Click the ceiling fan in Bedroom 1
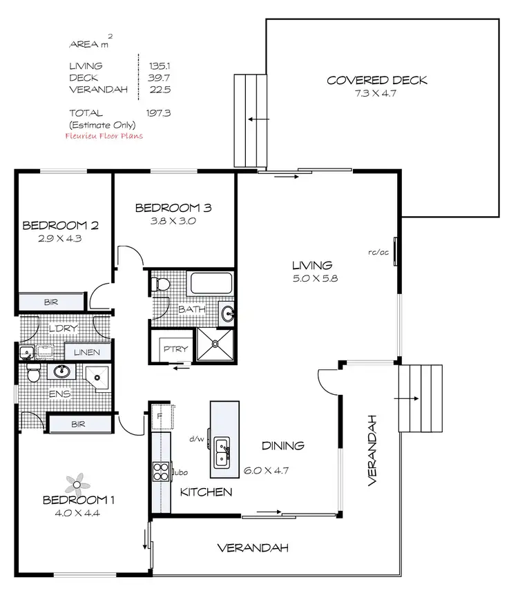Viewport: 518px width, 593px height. pyautogui.click(x=74, y=482)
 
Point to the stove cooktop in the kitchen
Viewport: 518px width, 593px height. pyautogui.click(x=161, y=472)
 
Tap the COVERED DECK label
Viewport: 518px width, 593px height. pyautogui.click(x=376, y=80)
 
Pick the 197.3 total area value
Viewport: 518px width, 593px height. pyautogui.click(x=157, y=113)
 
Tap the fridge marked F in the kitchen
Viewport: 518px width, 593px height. pyautogui.click(x=160, y=416)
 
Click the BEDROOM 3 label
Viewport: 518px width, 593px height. pyautogui.click(x=173, y=207)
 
